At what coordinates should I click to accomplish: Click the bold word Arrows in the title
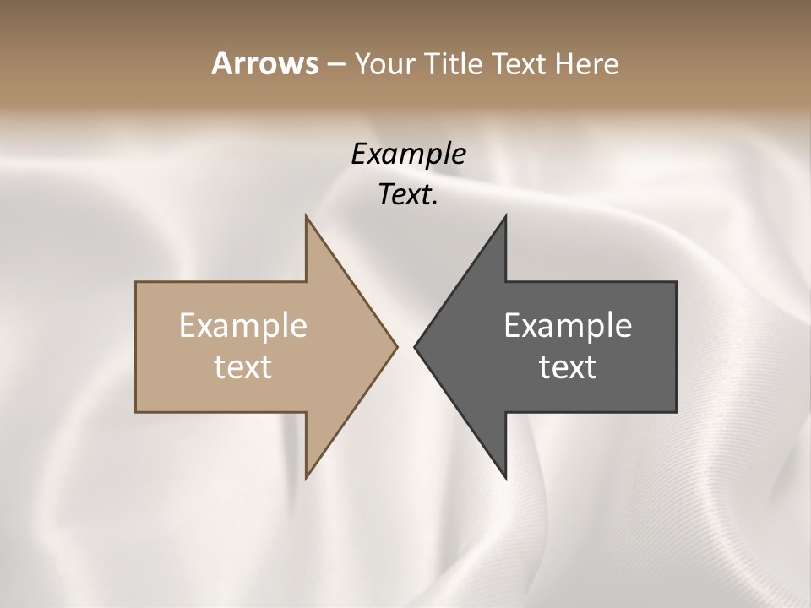264,63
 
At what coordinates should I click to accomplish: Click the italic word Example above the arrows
408,155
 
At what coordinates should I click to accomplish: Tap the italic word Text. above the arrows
408,195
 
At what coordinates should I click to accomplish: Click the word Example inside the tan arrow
242,326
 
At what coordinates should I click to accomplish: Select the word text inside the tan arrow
242,367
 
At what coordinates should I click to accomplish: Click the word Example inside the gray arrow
568,326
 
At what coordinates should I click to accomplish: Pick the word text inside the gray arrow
568,367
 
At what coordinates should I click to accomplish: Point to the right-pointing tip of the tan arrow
397,346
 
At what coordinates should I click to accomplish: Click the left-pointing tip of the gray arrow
415,346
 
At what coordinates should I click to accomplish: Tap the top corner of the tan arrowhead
306,216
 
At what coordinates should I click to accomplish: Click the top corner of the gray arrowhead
505,216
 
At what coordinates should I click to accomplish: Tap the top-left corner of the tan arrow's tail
136,282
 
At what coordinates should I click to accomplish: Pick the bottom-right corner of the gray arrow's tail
676,412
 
